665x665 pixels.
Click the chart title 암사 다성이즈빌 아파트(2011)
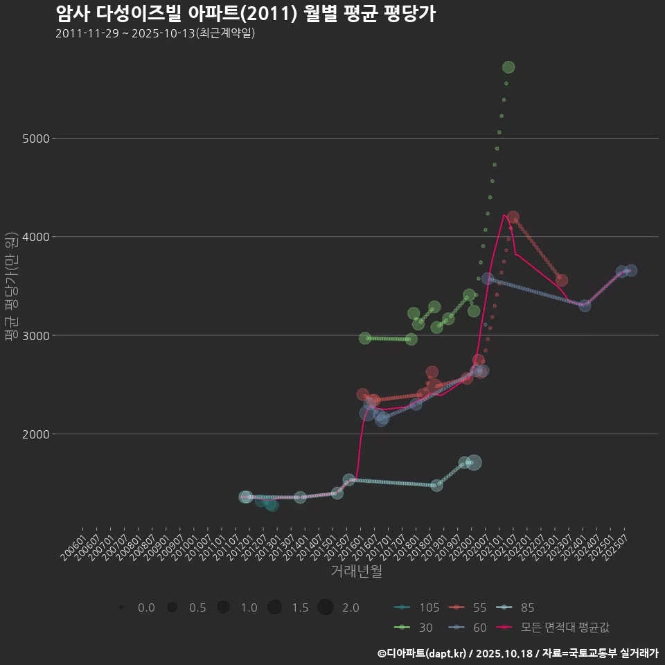point(245,14)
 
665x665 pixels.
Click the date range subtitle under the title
point(155,33)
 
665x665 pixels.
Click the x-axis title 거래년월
point(356,571)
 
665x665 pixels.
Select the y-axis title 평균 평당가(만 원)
point(11,287)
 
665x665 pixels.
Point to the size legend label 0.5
point(197,608)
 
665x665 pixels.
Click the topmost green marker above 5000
point(508,67)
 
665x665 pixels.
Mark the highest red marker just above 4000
point(513,218)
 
